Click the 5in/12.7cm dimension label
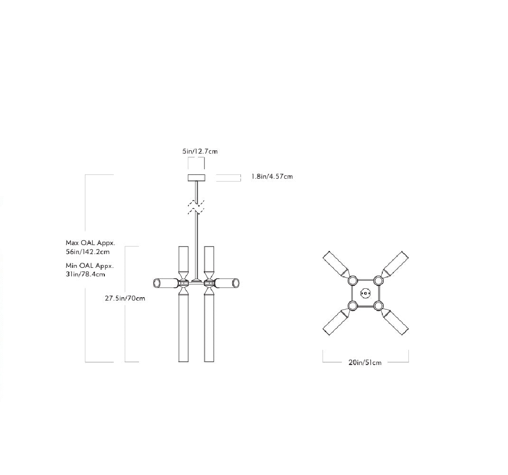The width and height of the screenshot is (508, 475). pyautogui.click(x=200, y=151)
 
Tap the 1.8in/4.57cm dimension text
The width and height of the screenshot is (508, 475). pyautogui.click(x=272, y=176)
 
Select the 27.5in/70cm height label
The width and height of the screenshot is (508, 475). pyautogui.click(x=125, y=298)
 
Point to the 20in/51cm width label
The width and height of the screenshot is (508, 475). pyautogui.click(x=365, y=363)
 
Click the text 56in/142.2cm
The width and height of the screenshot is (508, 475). pyautogui.click(x=87, y=252)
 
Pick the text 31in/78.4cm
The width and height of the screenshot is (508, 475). pyautogui.click(x=85, y=274)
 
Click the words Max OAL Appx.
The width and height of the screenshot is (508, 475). pyautogui.click(x=91, y=243)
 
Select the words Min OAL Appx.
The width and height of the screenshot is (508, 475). pyautogui.click(x=90, y=265)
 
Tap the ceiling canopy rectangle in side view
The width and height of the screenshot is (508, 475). pyautogui.click(x=196, y=177)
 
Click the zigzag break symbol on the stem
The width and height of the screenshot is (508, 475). pyautogui.click(x=196, y=207)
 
